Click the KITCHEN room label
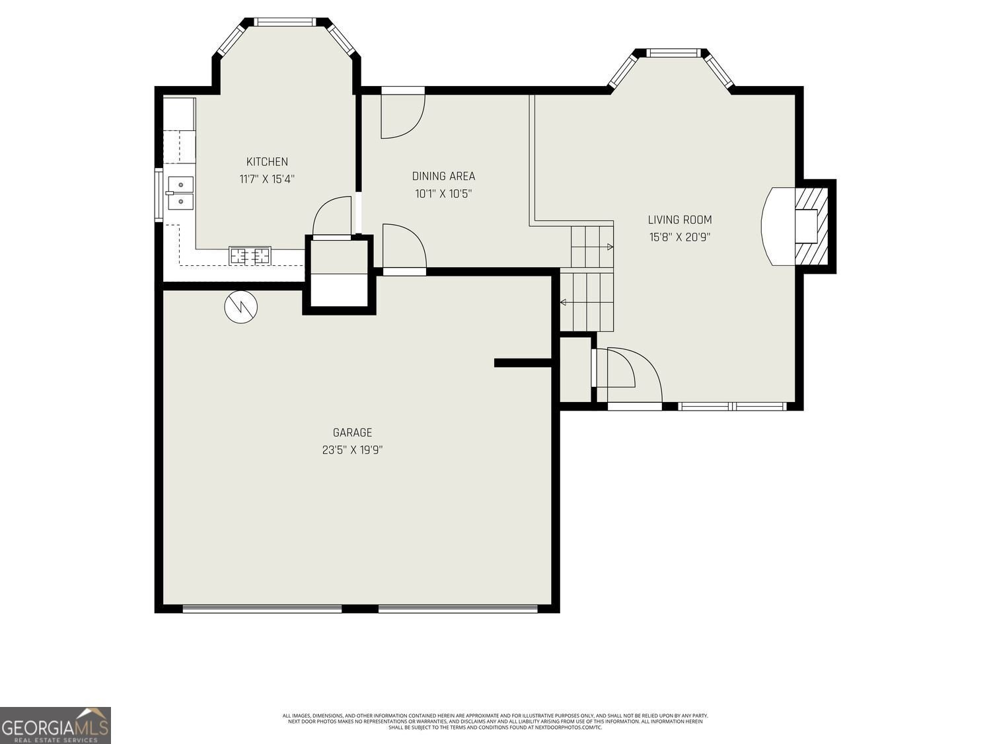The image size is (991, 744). point(267,162)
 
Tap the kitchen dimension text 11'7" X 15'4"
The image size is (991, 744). point(267,179)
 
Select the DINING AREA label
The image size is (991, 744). point(443,176)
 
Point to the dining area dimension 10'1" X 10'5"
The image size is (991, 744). point(443,194)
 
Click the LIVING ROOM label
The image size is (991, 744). point(680,220)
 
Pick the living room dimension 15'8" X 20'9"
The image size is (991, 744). point(680,237)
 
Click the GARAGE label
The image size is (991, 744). point(352,433)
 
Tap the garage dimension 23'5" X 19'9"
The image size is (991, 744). point(352,450)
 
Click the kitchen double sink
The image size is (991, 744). point(180,192)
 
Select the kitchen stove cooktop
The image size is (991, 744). point(250,255)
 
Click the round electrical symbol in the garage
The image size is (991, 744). point(241,307)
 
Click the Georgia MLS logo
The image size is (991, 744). point(55,725)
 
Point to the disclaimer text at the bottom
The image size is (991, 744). point(495,721)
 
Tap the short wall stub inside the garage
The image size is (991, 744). point(523,362)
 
